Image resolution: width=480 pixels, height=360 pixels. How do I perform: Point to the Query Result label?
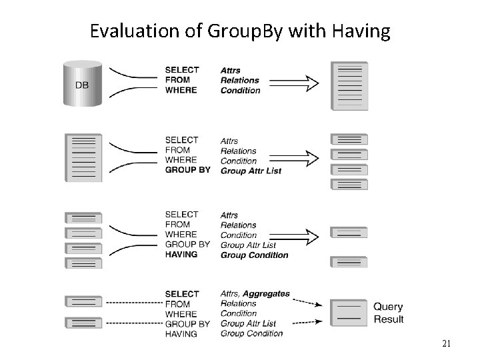click(x=388, y=313)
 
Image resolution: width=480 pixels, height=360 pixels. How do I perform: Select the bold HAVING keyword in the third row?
click(x=181, y=254)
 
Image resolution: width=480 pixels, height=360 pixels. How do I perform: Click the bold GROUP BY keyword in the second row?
click(x=187, y=170)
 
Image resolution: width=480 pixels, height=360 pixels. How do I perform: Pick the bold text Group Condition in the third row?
click(x=254, y=255)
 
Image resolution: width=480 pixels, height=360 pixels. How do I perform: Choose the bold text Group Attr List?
click(x=251, y=171)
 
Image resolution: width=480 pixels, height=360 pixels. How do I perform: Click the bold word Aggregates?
click(x=266, y=293)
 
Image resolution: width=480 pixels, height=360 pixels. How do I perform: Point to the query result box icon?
click(x=349, y=313)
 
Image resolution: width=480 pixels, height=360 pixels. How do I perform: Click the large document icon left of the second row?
click(x=83, y=158)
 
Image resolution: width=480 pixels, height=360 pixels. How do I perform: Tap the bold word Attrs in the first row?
click(x=231, y=70)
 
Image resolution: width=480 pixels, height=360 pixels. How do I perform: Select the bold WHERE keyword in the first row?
click(x=181, y=90)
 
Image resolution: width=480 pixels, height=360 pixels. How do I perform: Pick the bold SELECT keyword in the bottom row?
click(x=181, y=294)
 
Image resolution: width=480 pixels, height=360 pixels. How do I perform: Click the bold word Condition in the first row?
click(x=240, y=91)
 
